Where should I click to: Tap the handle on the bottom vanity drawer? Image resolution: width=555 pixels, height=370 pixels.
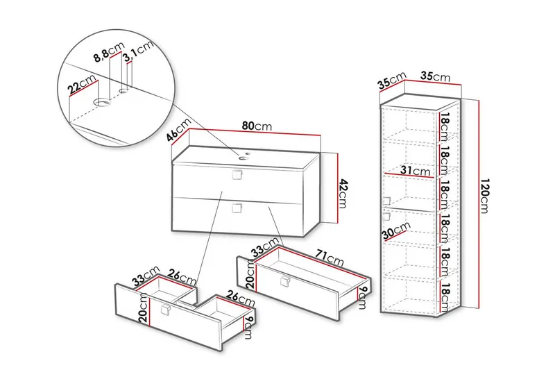point(238,208)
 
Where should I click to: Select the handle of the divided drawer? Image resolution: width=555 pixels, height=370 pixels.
point(165,310)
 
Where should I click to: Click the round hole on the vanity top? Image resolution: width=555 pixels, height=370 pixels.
point(244,157)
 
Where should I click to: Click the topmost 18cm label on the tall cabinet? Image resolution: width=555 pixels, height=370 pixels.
point(445,127)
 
